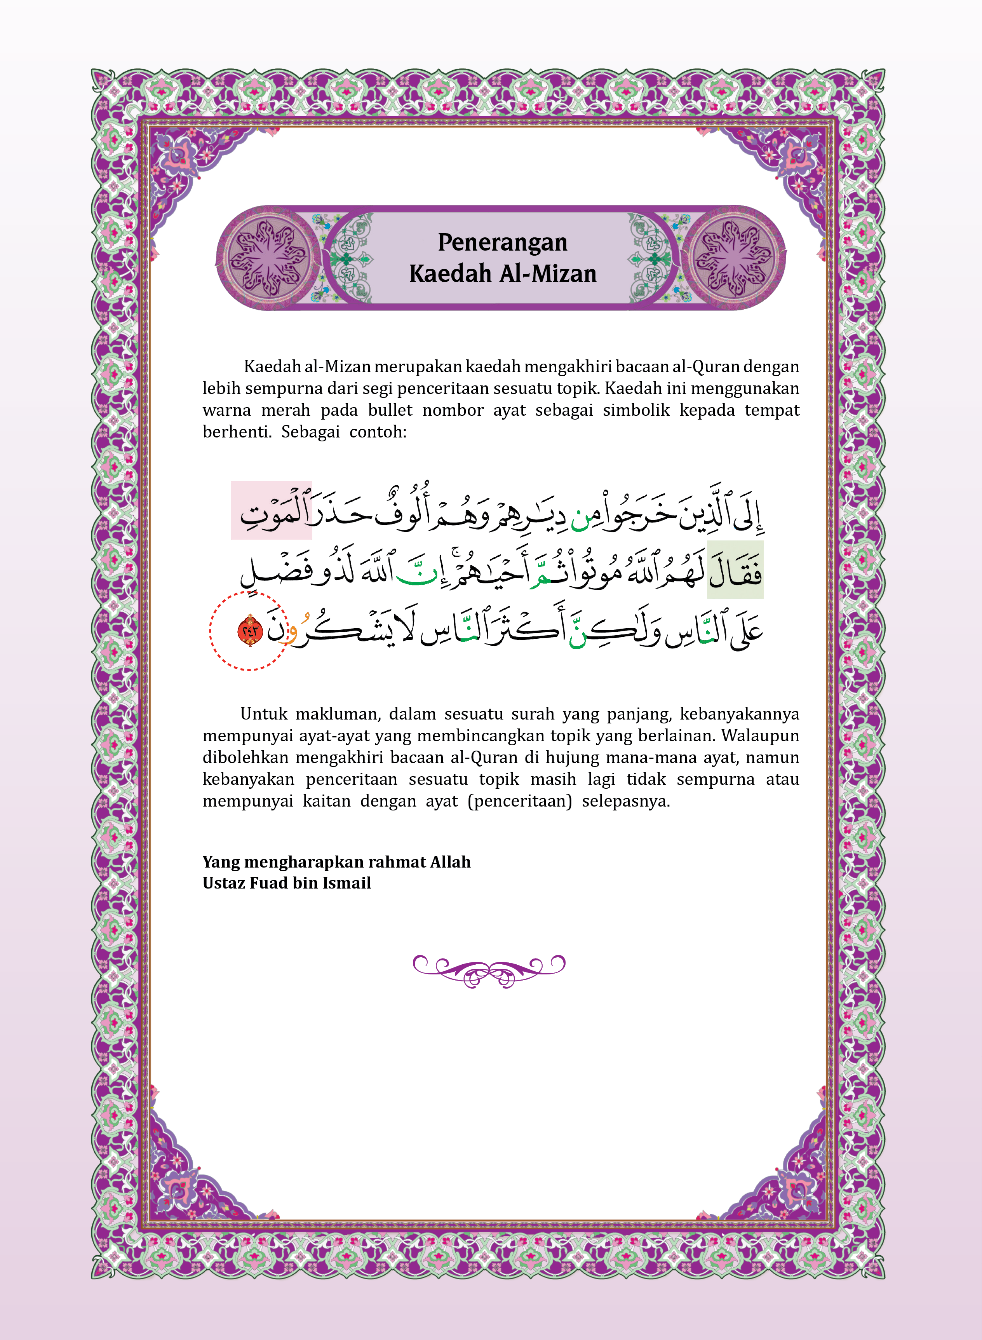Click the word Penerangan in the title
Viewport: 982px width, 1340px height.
(502, 242)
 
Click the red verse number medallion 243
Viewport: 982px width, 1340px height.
(250, 631)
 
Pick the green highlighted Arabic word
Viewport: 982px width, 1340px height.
(735, 570)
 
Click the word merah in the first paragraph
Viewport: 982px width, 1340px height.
(286, 410)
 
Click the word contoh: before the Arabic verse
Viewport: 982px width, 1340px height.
(378, 432)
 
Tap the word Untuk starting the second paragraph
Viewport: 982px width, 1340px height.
(263, 714)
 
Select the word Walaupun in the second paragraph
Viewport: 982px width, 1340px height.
(760, 736)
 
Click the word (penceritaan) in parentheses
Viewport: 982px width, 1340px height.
(519, 802)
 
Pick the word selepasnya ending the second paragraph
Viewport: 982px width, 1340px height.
(625, 802)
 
